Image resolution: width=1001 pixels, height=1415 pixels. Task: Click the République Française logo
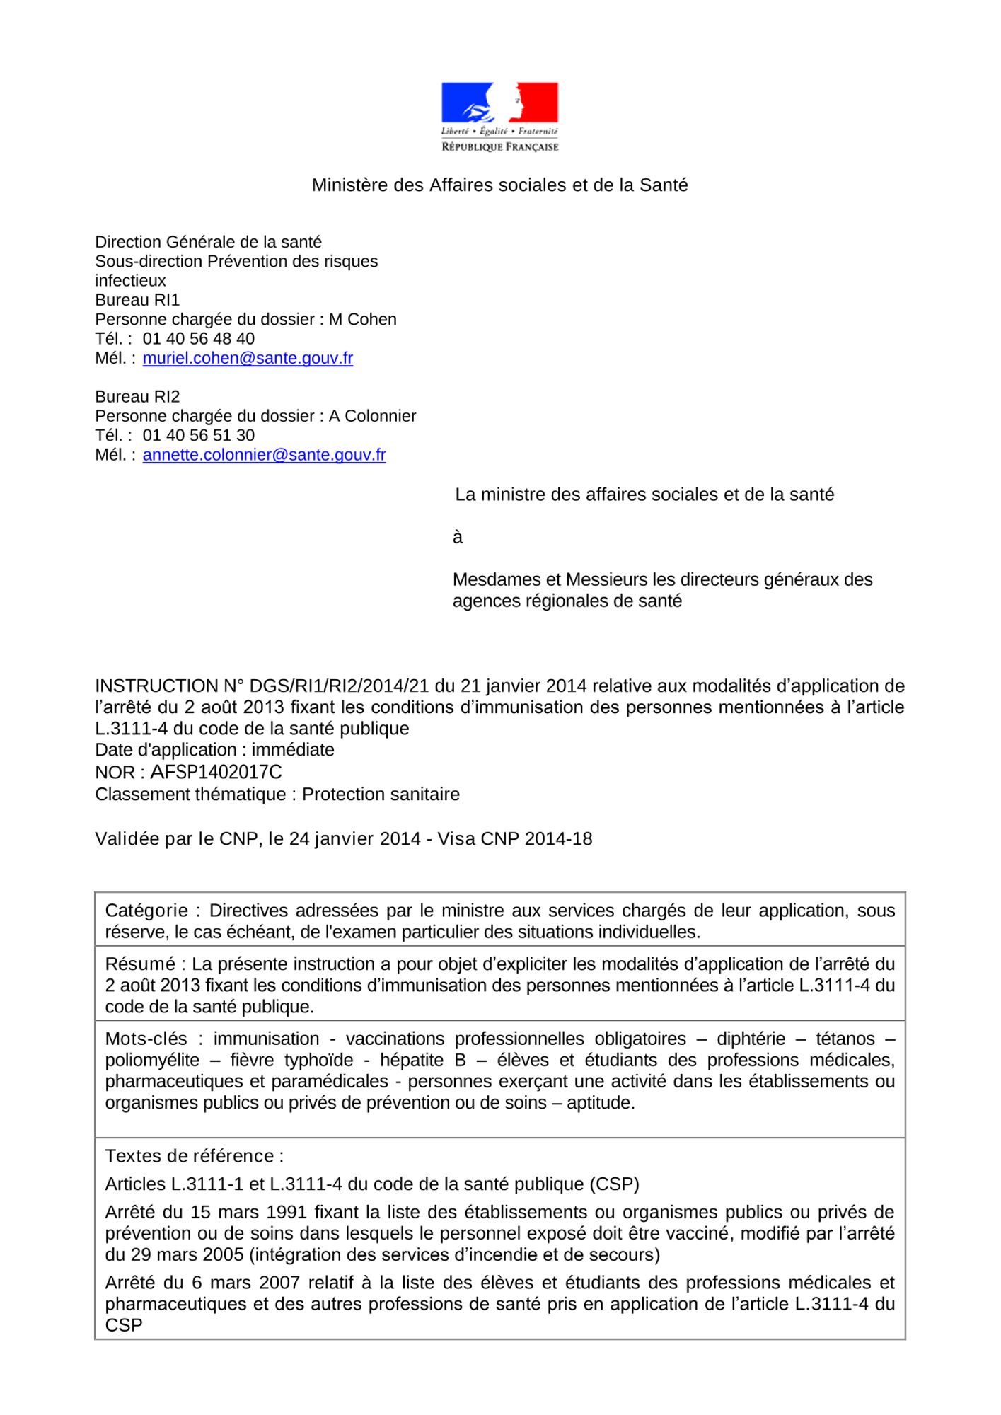click(x=499, y=117)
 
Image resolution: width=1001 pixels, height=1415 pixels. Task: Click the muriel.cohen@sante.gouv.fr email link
click(x=248, y=358)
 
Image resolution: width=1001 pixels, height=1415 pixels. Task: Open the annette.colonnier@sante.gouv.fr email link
click(x=264, y=455)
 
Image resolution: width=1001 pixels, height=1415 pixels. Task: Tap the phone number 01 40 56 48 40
click(x=199, y=339)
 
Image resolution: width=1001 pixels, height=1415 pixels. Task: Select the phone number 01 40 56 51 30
click(x=199, y=436)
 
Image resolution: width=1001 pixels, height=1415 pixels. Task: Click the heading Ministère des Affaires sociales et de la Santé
click(x=499, y=185)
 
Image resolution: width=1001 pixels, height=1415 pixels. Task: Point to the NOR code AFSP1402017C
click(x=216, y=773)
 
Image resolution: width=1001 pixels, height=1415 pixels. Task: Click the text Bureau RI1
click(x=137, y=300)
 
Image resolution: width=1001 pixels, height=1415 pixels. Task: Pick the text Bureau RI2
click(x=137, y=397)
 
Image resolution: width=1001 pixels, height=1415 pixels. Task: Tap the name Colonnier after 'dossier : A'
click(x=380, y=417)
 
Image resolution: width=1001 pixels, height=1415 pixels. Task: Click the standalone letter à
click(x=458, y=538)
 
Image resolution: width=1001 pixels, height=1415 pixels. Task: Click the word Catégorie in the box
click(x=146, y=911)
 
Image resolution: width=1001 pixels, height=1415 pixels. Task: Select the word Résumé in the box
click(x=140, y=964)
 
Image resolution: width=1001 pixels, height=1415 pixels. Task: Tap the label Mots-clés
click(x=146, y=1039)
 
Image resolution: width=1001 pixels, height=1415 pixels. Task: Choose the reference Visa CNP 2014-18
click(x=515, y=839)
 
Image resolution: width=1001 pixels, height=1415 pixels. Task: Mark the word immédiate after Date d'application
click(x=293, y=750)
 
